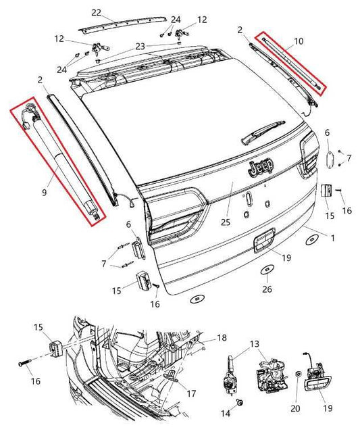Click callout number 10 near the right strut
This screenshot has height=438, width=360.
pos(299,41)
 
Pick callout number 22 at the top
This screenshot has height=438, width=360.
pos(96,13)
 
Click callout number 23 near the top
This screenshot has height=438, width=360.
pos(140,47)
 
